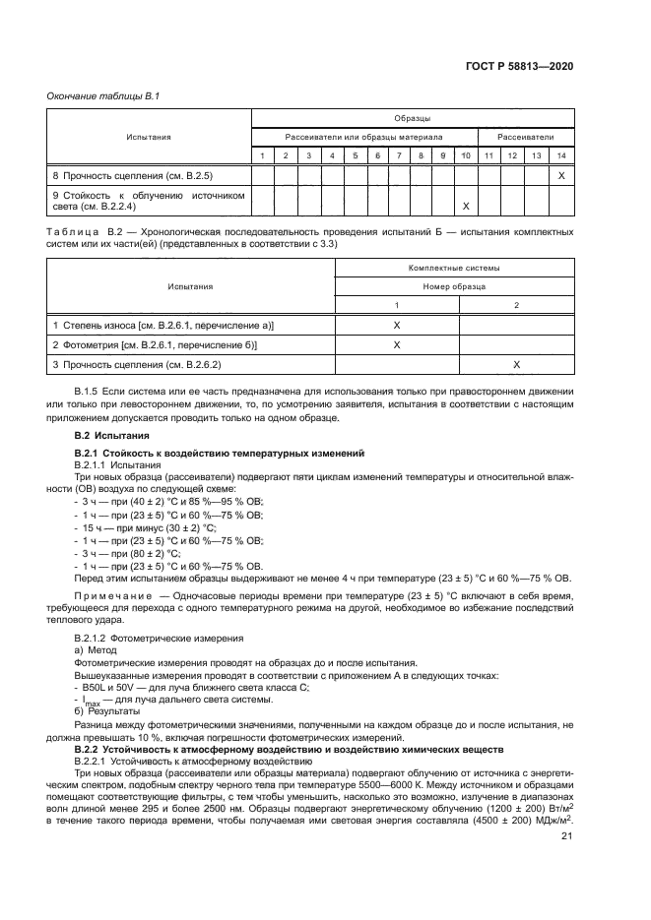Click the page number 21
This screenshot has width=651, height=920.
(x=566, y=836)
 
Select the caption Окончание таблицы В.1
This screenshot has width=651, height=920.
(x=97, y=95)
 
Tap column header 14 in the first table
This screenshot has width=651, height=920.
(x=560, y=155)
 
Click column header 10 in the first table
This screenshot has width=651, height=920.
(x=465, y=155)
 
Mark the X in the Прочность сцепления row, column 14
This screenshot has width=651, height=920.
(x=560, y=175)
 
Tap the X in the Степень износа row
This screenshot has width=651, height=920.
(x=397, y=324)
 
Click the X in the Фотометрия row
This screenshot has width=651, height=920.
(x=397, y=344)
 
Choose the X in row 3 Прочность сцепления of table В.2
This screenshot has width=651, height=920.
(x=516, y=365)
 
